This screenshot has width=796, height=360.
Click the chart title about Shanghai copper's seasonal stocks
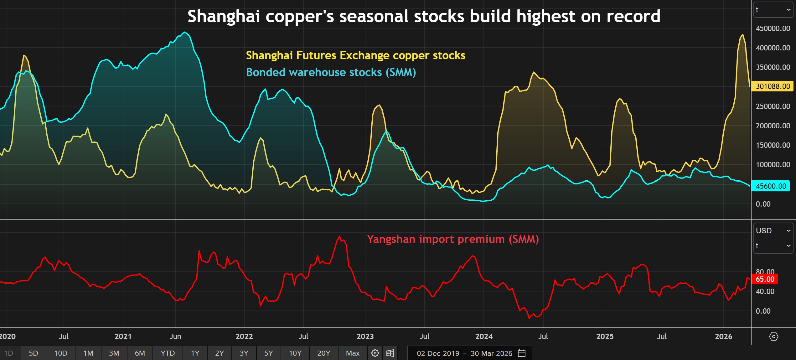pyautogui.click(x=424, y=16)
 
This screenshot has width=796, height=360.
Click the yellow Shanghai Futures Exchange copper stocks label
pyautogui.click(x=355, y=55)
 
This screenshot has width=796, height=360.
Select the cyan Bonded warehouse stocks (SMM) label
pyautogui.click(x=331, y=72)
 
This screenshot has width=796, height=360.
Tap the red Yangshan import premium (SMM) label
pyautogui.click(x=452, y=239)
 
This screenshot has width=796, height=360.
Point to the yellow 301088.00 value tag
pyautogui.click(x=773, y=86)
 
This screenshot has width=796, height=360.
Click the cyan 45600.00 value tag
pyautogui.click(x=771, y=186)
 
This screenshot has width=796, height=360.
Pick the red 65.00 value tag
pyautogui.click(x=765, y=279)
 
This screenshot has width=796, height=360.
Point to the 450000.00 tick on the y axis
pyautogui.click(x=773, y=28)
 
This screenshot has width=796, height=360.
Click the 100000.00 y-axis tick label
pyautogui.click(x=773, y=165)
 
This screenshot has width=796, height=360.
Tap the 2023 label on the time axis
pyautogui.click(x=365, y=337)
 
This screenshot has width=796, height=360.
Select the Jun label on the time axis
pyautogui.click(x=175, y=337)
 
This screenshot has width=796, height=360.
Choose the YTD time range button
pyautogui.click(x=168, y=353)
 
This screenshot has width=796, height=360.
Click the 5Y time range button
pyautogui.click(x=268, y=353)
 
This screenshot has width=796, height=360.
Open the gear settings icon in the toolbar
pyautogui.click(x=375, y=353)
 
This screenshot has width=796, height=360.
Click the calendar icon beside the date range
pyautogui.click(x=522, y=353)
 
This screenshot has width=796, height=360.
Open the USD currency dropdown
pyautogui.click(x=773, y=231)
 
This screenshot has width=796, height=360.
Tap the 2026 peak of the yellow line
pyautogui.click(x=742, y=35)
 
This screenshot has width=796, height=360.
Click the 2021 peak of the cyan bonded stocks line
pyautogui.click(x=185, y=32)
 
